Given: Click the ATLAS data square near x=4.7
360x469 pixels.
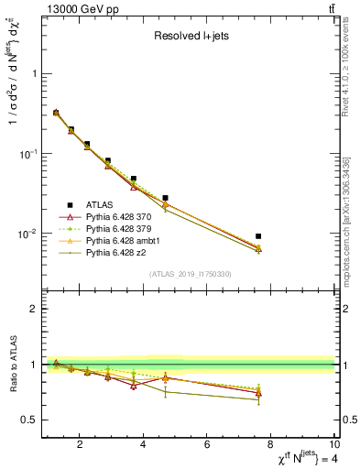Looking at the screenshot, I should point(166,198).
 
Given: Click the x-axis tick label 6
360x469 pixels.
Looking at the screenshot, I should point(208,446).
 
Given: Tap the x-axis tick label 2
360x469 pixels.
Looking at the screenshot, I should point(81,446).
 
